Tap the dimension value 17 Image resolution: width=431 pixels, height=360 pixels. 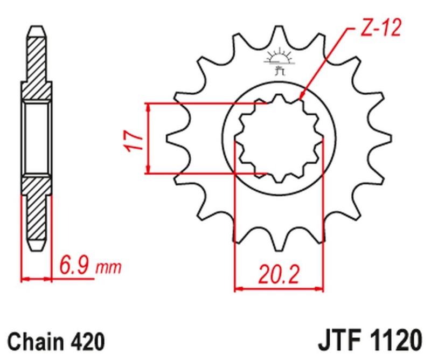coord(135,139)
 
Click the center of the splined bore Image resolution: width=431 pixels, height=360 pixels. coord(279,138)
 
